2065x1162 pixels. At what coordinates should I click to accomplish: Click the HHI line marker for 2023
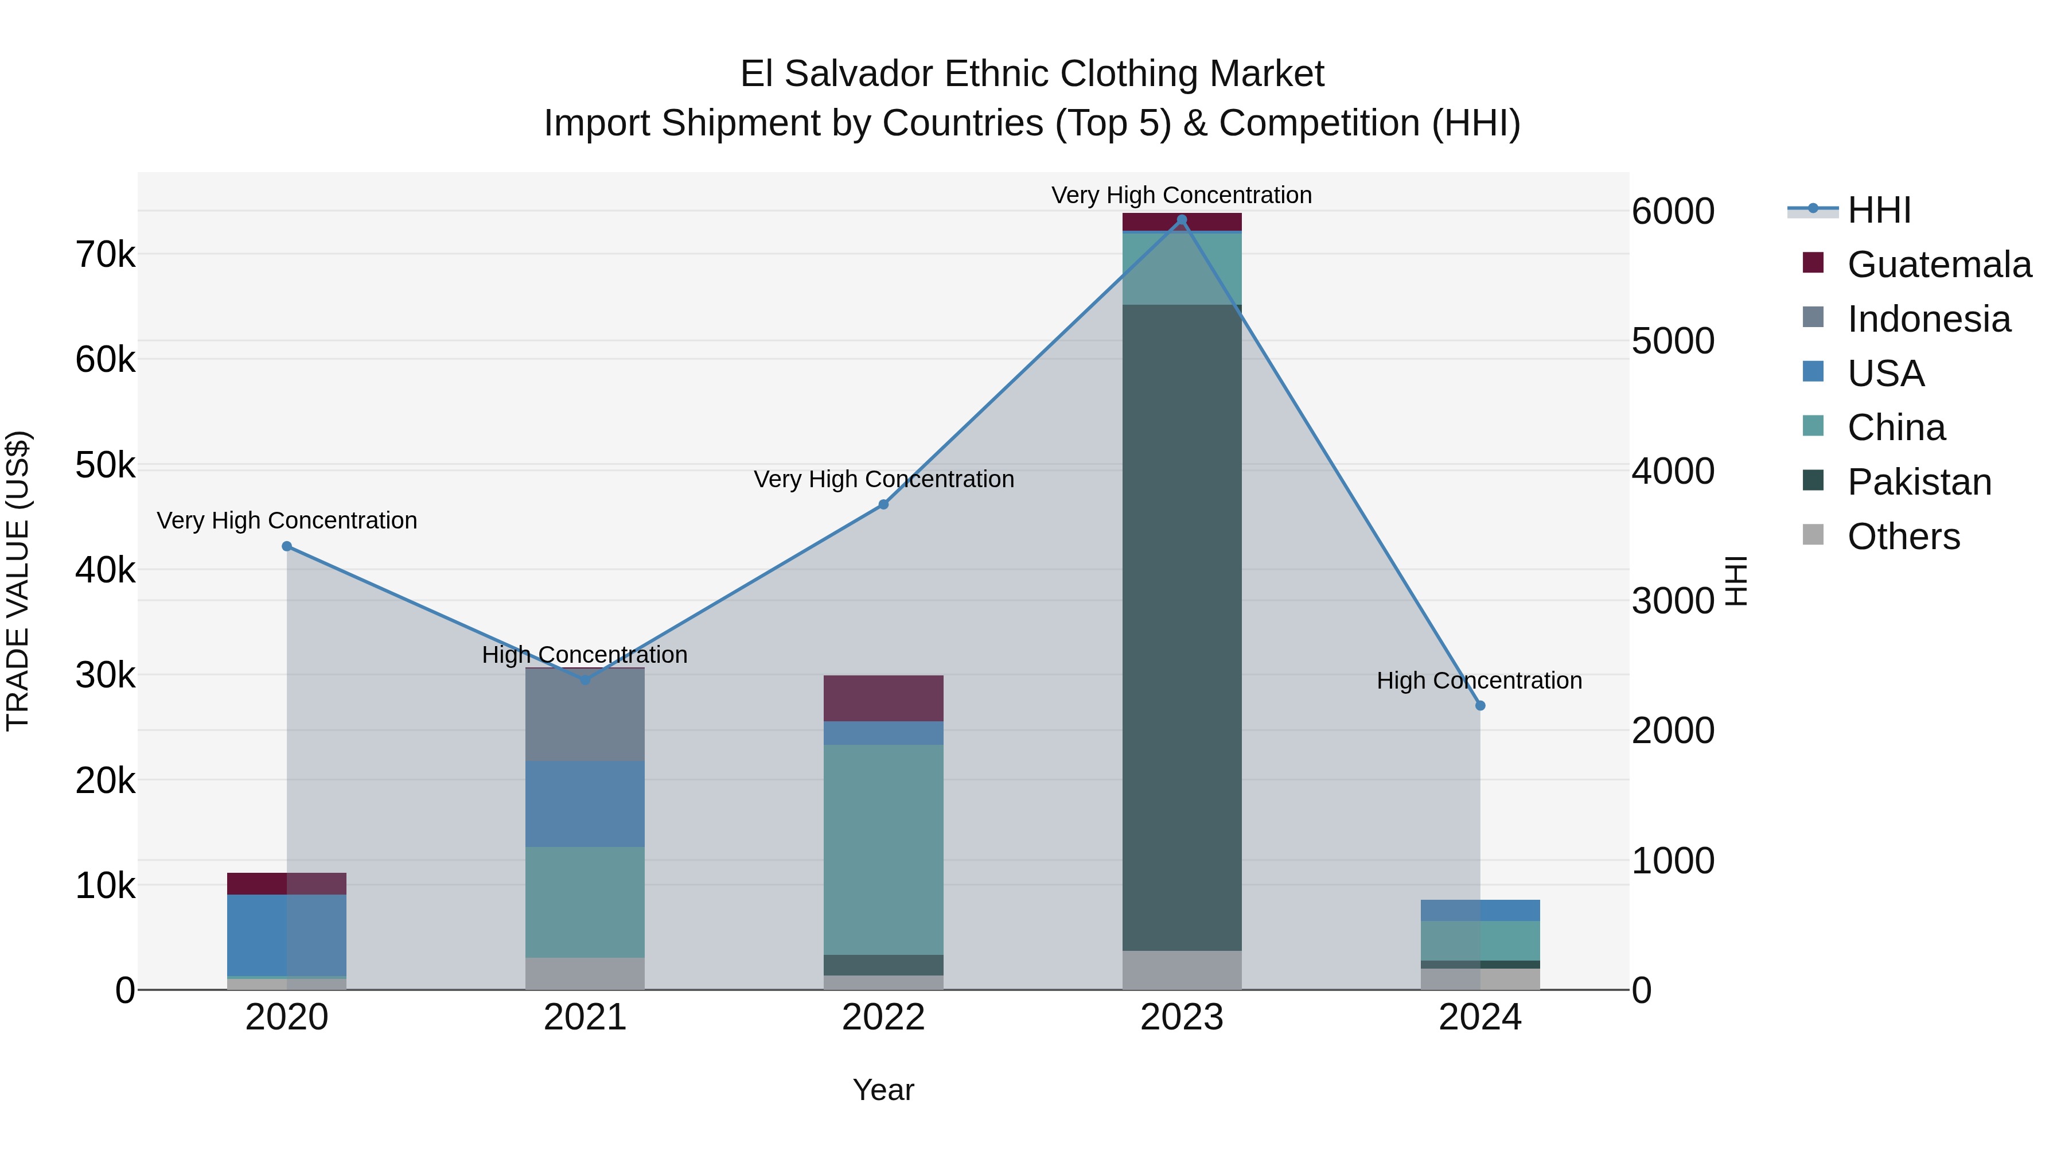pos(1182,220)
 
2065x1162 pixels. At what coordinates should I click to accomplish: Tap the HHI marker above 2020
pos(287,546)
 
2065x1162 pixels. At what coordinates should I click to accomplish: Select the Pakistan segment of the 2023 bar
pos(1182,625)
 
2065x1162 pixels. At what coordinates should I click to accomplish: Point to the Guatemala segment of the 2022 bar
pos(883,698)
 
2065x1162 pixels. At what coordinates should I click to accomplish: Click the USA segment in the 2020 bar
pos(287,934)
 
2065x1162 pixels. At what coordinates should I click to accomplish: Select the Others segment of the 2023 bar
pos(1182,970)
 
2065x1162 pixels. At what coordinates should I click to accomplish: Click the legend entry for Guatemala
pos(1938,265)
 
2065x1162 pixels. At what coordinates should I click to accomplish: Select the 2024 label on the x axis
pos(1480,1017)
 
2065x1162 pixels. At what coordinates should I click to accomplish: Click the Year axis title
pos(883,1090)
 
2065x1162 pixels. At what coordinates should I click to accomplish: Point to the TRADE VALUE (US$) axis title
pos(18,581)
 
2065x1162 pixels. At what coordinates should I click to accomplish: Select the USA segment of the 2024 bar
pos(1480,910)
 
